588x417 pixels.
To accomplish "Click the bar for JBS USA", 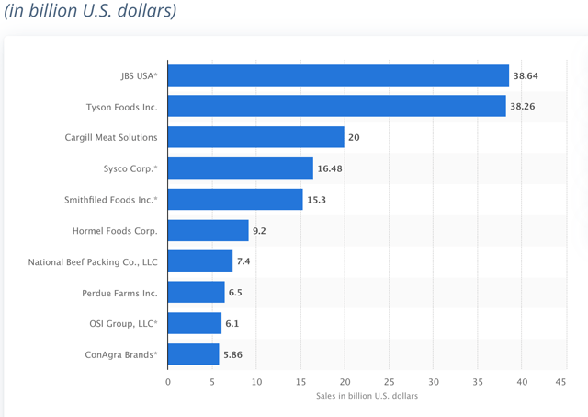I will [338, 75].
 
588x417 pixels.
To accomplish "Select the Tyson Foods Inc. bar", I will [336, 107].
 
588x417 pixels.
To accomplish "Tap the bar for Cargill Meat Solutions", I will [256, 138].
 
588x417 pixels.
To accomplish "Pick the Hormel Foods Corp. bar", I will [209, 230].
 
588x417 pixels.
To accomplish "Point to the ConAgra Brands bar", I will [194, 354].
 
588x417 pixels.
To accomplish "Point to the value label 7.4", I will [245, 262].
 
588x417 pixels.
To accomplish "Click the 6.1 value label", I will [234, 323].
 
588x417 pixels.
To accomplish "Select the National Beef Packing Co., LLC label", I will [93, 262].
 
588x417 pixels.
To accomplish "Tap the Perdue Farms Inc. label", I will [119, 293].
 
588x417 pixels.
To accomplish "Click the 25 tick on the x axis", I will [390, 380].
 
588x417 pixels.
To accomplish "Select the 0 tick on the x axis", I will [168, 380].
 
